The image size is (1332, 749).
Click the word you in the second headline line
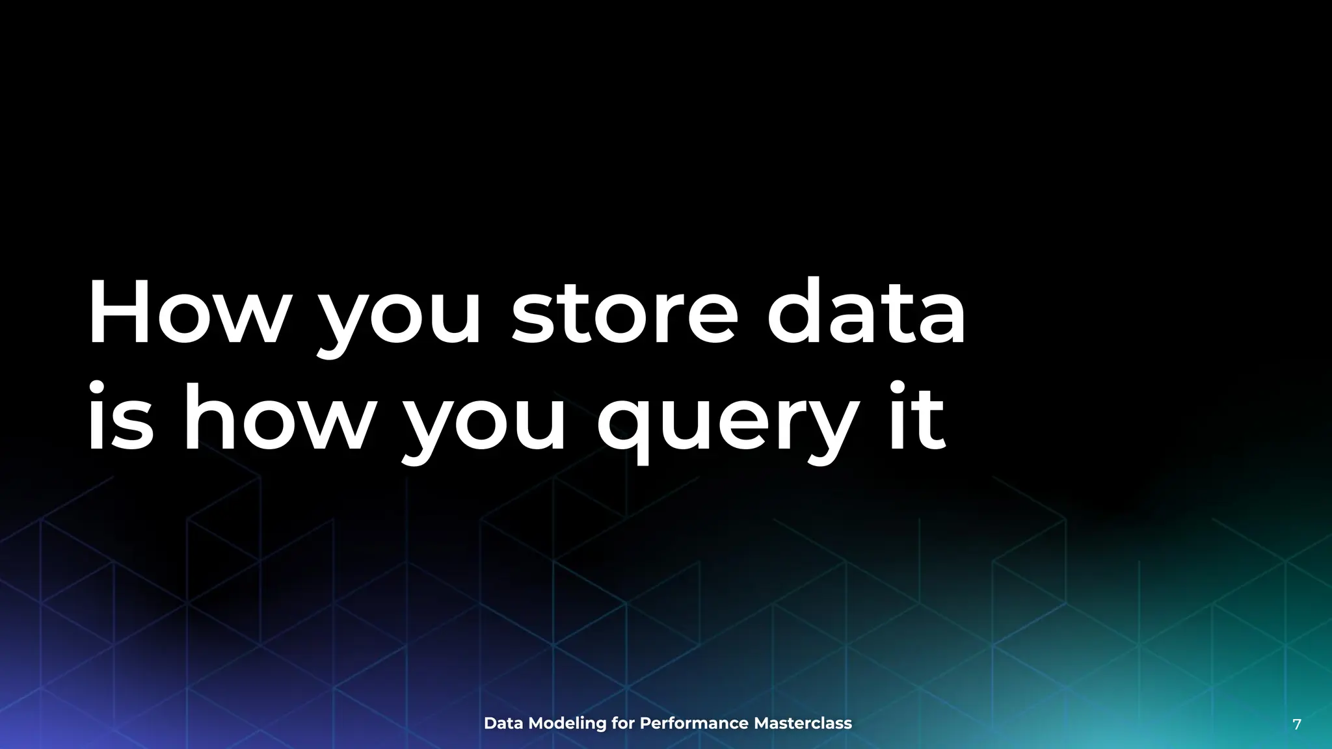[485, 426]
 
